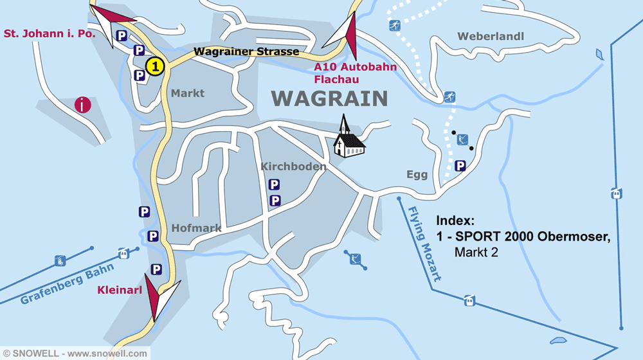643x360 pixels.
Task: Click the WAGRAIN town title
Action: [x=329, y=98]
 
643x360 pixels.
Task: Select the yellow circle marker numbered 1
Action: [x=154, y=66]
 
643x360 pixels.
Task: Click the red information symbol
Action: [x=83, y=105]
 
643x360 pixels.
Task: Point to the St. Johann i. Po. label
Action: [x=50, y=33]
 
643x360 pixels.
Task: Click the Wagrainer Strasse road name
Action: [x=246, y=51]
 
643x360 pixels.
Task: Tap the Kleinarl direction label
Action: [x=119, y=290]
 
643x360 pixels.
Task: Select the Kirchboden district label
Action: [x=293, y=166]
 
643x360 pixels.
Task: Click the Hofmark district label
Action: [x=196, y=228]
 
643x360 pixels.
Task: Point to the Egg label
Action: [x=417, y=175]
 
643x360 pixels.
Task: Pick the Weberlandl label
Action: [x=491, y=37]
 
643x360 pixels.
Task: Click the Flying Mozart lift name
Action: [x=424, y=245]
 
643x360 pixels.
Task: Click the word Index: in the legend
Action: [x=455, y=221]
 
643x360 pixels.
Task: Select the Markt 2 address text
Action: [x=476, y=253]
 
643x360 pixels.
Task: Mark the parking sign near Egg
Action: [x=460, y=166]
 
